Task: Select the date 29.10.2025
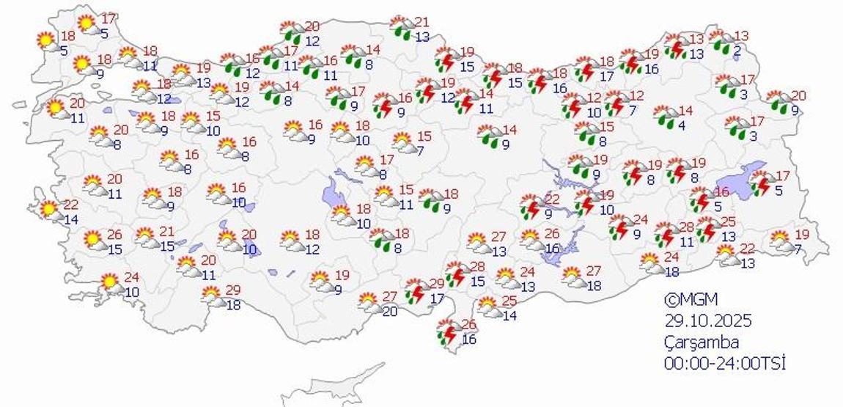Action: [x=708, y=320]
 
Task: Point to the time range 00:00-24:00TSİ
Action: [x=724, y=362]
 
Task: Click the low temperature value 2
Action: [x=737, y=50]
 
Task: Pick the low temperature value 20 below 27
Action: [x=389, y=311]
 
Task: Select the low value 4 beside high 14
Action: [x=681, y=125]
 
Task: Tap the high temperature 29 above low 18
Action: [x=233, y=290]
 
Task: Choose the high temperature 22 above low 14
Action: [x=70, y=205]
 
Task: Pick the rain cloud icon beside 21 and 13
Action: [x=402, y=29]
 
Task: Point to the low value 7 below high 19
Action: [x=799, y=248]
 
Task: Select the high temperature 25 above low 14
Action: [x=510, y=301]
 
